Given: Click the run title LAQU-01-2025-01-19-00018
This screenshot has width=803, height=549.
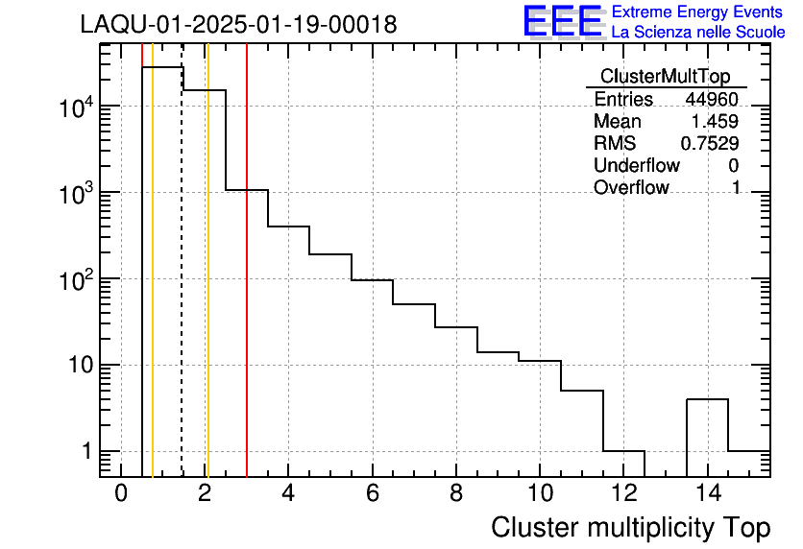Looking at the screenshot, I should point(238,25).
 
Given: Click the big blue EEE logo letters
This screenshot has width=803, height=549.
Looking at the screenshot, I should point(562,21).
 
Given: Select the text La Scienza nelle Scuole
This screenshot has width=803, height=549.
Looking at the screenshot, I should point(698,33).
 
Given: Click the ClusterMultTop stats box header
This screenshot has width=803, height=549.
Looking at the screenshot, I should point(665,77).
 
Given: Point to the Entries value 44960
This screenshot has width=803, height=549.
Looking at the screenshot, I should point(712,100).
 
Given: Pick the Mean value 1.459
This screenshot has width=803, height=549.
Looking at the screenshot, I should point(717,122).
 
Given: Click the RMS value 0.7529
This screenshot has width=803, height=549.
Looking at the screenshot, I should point(710,144).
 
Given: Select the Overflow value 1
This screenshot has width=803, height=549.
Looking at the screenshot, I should point(736,188).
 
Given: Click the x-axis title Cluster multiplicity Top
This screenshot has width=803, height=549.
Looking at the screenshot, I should point(630,528).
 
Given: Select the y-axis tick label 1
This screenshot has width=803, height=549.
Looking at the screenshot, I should point(86,452).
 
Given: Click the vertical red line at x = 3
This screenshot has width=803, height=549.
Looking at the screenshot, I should point(247,288).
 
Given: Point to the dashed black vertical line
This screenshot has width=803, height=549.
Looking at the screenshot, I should point(182,288).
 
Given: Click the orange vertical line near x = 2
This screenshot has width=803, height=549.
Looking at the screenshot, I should point(207,288).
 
